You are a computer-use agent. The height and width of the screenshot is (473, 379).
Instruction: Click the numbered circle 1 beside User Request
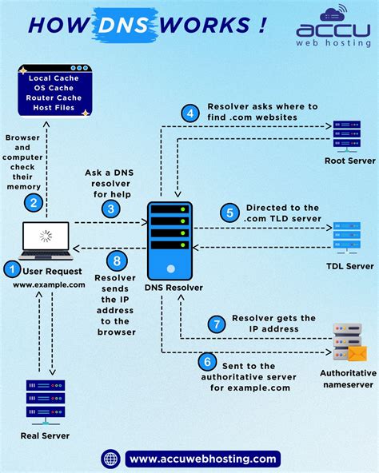(11, 270)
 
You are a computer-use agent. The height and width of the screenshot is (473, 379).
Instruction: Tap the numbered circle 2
(34, 203)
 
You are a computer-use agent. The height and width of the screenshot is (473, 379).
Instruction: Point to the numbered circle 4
(189, 113)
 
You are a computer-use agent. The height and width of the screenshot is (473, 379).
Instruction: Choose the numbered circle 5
(229, 213)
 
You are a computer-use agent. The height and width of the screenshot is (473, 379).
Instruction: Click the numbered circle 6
(207, 361)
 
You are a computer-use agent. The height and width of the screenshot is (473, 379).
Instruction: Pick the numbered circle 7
(216, 324)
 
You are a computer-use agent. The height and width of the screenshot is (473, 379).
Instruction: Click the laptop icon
(46, 240)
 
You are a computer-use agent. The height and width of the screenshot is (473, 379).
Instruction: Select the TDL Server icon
(346, 237)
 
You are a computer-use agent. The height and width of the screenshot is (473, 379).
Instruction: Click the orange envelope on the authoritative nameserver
(356, 352)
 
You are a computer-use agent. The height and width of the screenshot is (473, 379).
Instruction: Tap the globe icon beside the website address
(110, 458)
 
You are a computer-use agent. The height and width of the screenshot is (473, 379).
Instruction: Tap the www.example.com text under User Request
(48, 284)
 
